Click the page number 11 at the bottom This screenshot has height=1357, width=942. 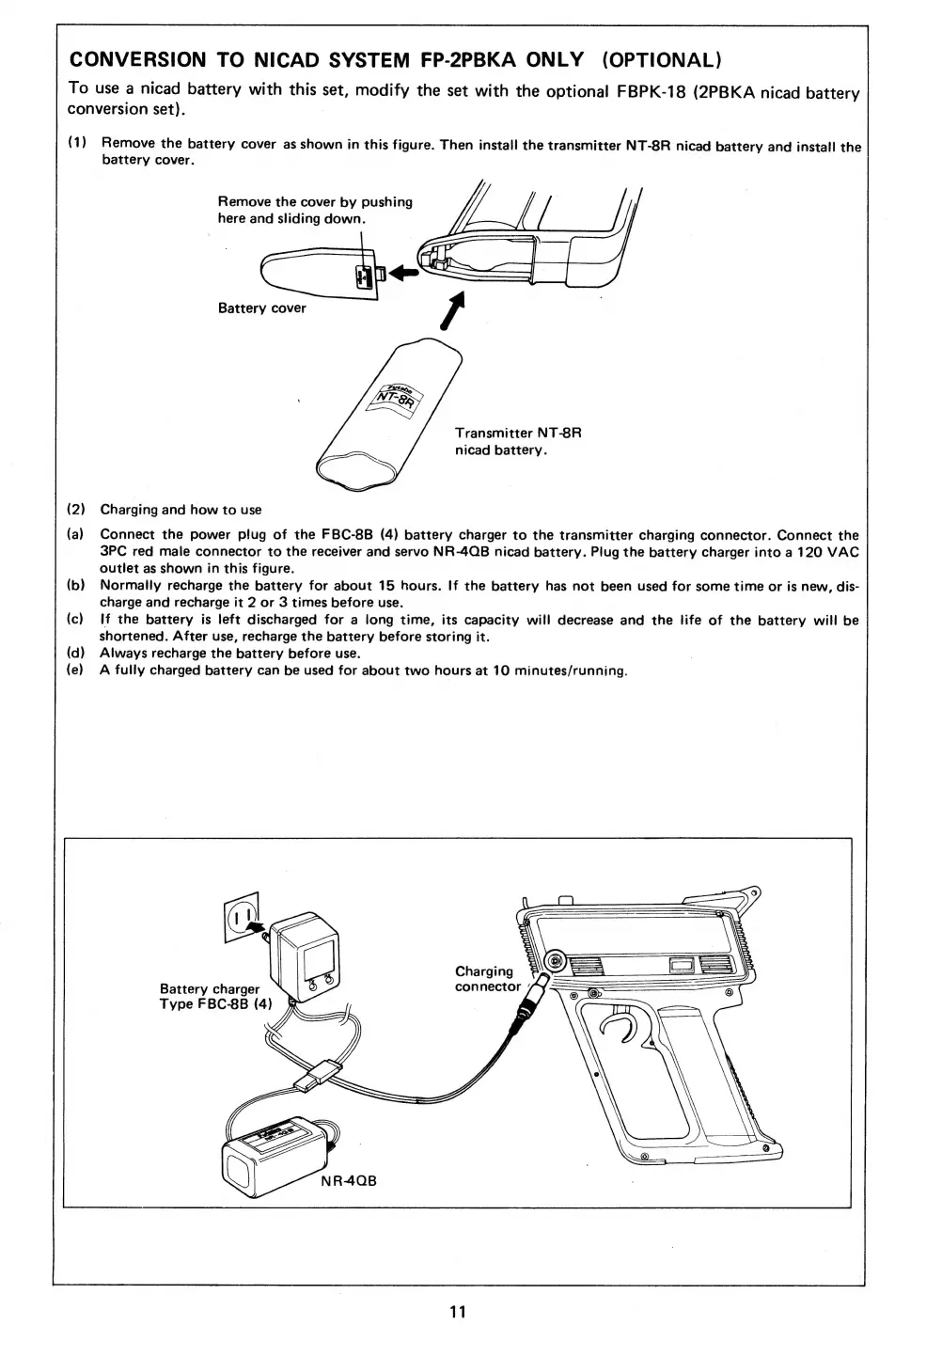tap(458, 1312)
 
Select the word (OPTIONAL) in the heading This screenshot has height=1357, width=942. tap(661, 60)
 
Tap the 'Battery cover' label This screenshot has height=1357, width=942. tap(261, 308)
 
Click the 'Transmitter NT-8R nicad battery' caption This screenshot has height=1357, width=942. tap(518, 441)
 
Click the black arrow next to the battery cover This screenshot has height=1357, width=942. tap(402, 273)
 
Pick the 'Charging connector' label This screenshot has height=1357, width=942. tap(486, 979)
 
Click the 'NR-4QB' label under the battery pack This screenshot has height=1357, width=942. tap(348, 1180)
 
